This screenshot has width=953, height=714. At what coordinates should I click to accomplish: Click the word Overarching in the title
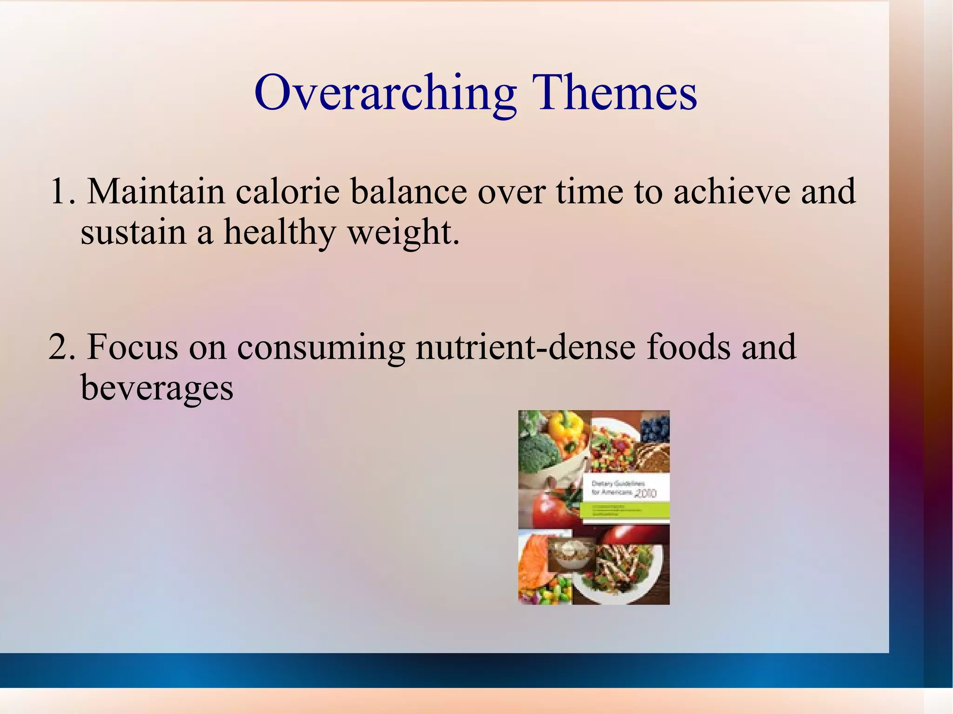click(385, 93)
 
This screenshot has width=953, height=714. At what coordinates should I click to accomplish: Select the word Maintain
click(156, 192)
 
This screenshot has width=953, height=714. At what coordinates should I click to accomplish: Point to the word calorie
click(288, 192)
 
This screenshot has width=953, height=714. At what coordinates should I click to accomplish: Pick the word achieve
click(732, 192)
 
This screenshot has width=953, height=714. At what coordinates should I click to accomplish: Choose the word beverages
click(157, 388)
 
